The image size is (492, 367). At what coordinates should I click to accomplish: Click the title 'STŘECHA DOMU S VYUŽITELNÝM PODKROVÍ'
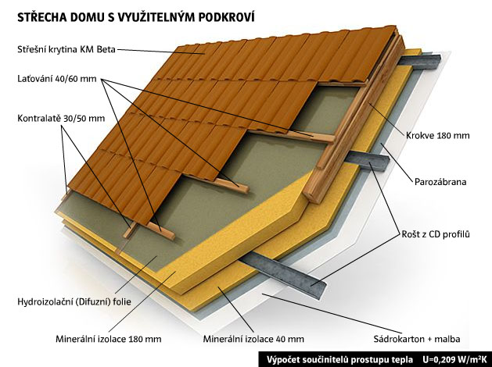pos(135,16)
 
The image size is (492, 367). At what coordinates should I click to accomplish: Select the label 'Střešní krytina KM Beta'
pos(66,49)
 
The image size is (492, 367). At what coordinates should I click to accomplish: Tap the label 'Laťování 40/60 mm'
pos(57,78)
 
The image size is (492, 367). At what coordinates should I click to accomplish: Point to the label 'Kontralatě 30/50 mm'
pos(61,119)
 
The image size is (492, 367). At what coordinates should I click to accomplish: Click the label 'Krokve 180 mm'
pos(438,135)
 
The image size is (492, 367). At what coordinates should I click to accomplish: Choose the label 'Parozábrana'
pos(440,182)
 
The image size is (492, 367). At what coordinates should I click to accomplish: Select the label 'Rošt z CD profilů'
pos(436,234)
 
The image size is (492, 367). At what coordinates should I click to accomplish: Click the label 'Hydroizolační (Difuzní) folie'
pos(74,302)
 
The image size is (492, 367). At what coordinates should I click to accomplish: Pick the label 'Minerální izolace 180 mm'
pos(109,339)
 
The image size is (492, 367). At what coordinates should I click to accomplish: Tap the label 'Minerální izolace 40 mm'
pos(253,339)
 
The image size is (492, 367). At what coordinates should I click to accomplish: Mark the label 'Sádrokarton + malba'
pos(417,339)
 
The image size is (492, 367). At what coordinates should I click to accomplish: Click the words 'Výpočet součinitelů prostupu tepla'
pos(339,359)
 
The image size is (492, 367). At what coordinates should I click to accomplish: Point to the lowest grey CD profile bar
pos(282,273)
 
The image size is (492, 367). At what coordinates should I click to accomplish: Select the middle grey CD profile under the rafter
pos(367,160)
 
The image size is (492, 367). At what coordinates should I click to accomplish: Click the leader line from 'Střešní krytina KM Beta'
pos(160,52)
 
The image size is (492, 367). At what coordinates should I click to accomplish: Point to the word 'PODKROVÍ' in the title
pos(226,16)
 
